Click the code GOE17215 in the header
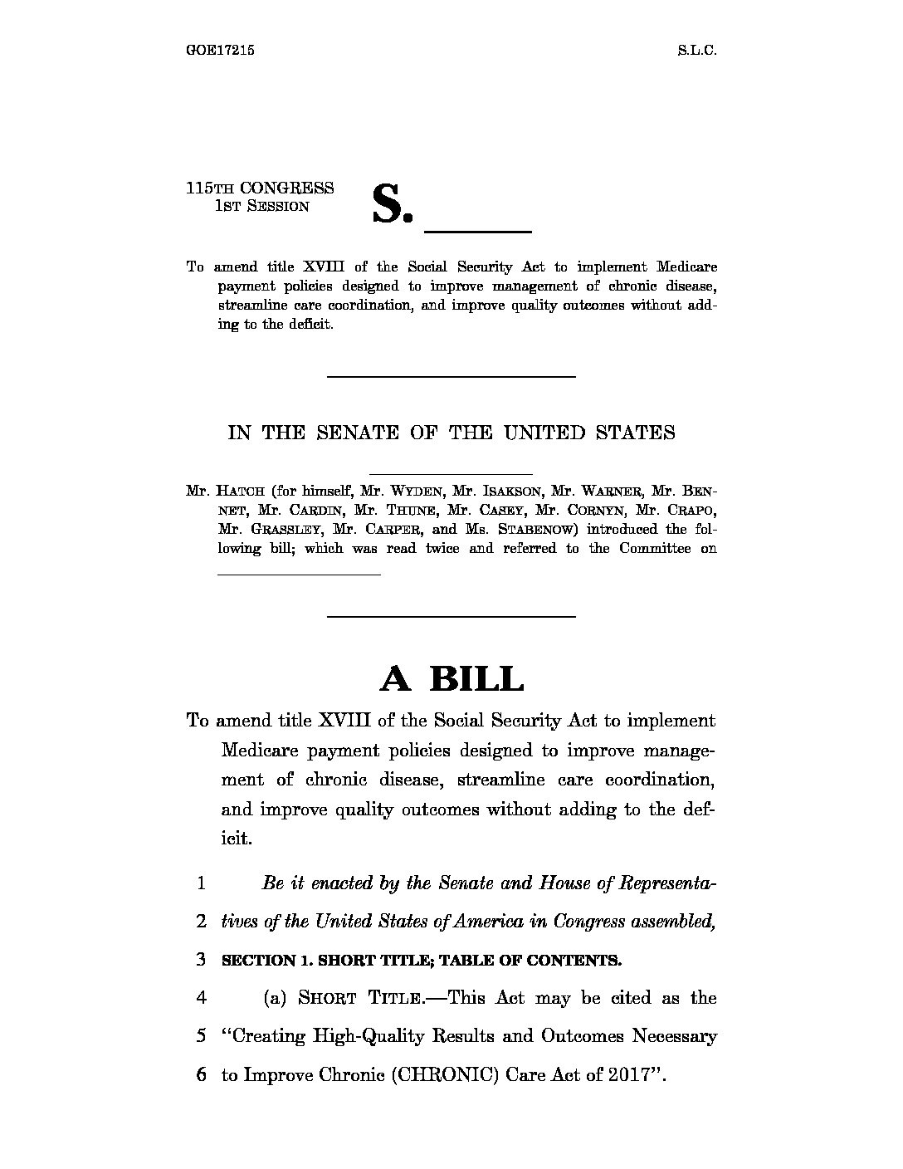[220, 50]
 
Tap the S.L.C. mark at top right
[696, 50]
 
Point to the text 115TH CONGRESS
[260, 188]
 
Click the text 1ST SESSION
[261, 207]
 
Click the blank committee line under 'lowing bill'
[299, 573]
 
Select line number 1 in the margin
[201, 883]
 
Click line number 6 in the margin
[201, 1074]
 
